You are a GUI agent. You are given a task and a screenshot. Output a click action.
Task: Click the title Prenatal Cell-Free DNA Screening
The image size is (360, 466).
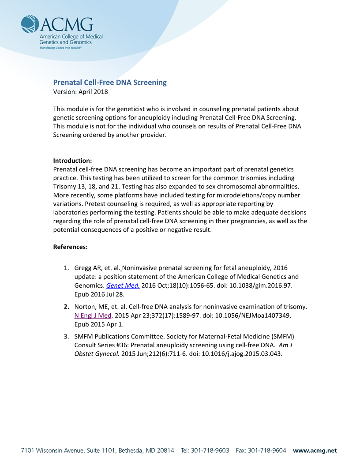(x=110, y=83)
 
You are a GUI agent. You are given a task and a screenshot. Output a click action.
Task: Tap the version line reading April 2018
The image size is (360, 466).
(x=80, y=92)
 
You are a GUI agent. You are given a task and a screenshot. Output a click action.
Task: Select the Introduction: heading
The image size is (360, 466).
(x=72, y=161)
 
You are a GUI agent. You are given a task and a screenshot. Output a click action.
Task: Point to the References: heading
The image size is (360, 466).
(x=70, y=247)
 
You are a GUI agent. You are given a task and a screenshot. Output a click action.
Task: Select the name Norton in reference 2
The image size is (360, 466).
(x=85, y=306)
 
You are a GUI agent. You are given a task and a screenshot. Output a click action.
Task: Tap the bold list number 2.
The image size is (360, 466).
(x=66, y=306)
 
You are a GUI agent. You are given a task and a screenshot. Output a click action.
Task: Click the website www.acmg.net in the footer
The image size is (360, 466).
(x=315, y=451)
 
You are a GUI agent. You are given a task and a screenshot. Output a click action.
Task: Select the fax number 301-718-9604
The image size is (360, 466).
(x=266, y=451)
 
